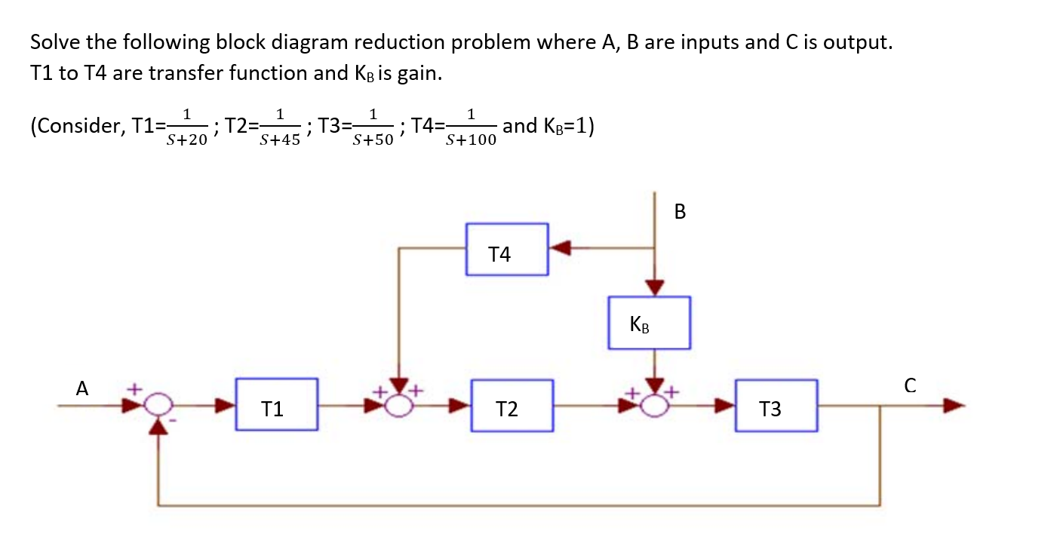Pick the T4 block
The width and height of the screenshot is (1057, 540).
point(506,250)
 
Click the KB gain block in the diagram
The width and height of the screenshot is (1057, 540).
point(649,323)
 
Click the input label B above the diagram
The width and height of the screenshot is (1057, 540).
point(680,213)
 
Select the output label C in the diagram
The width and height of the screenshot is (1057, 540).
point(909,387)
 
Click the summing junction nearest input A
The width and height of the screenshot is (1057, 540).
point(157,406)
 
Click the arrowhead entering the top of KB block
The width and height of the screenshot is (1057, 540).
point(654,287)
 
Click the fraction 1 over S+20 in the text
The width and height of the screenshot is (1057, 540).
point(187,127)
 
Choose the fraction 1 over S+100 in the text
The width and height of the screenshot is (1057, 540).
point(471,127)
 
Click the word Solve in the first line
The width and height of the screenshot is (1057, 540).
point(57,42)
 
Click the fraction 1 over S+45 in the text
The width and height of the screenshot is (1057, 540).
point(279,127)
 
